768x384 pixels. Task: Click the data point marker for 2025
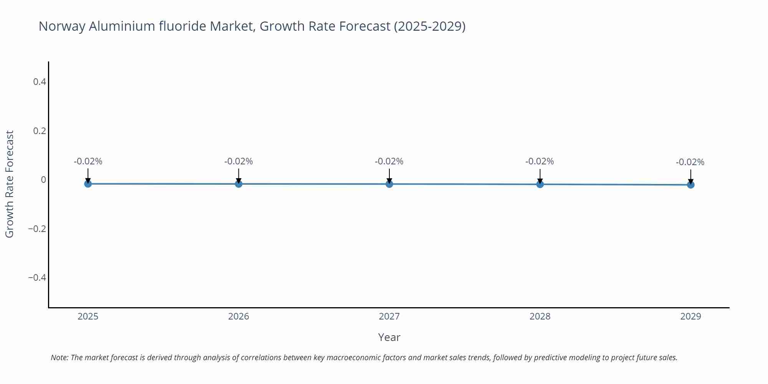88,184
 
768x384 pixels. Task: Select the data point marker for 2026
238,184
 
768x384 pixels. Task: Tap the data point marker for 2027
389,184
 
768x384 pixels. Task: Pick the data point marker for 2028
540,184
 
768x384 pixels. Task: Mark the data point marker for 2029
690,185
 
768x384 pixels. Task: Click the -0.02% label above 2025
88,162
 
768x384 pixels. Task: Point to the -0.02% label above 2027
389,162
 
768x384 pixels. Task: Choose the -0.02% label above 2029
690,162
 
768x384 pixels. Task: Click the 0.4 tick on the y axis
40,82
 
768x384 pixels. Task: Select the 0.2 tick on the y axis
40,131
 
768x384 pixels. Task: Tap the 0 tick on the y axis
43,180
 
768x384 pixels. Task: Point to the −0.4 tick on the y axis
37,278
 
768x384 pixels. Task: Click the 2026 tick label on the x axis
238,316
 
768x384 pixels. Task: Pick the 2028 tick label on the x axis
540,316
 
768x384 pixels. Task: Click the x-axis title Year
389,338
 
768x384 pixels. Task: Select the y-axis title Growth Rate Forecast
10,184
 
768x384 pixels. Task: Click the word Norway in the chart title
62,26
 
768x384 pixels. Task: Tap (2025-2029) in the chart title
429,26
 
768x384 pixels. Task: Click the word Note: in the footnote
60,358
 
